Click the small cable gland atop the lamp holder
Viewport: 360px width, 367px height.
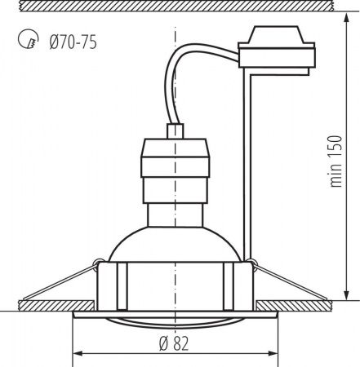click(x=174, y=132)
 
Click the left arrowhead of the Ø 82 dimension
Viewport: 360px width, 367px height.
click(x=78, y=354)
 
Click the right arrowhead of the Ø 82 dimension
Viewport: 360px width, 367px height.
click(x=274, y=354)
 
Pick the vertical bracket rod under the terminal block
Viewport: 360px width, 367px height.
click(x=247, y=163)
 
